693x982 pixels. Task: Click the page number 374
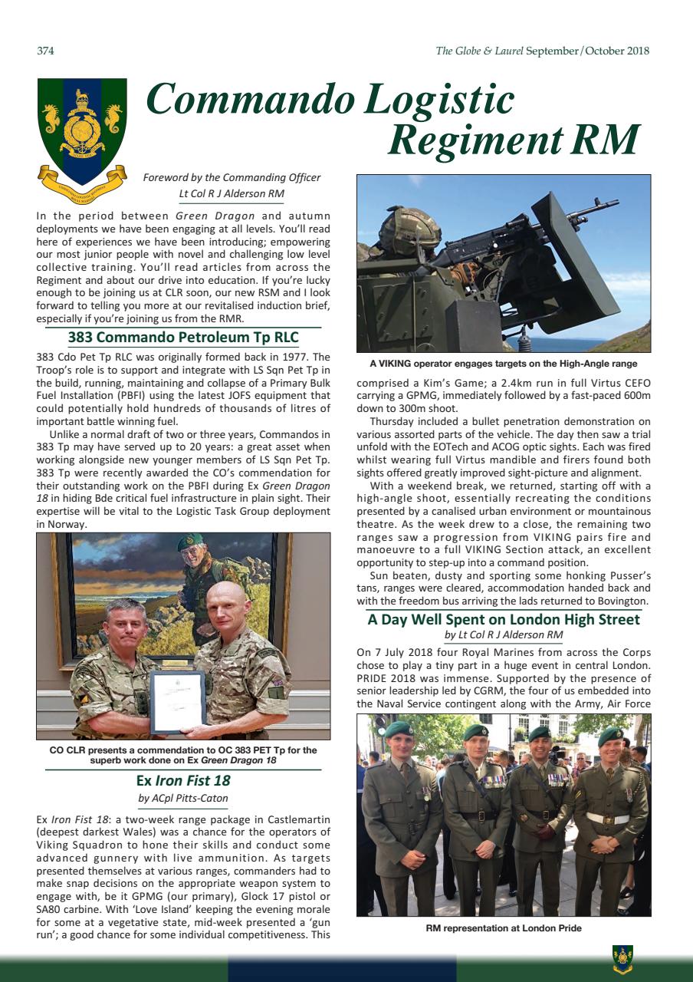pos(45,51)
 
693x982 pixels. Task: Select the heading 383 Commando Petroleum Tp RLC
pos(182,338)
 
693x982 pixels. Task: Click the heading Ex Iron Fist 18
pos(182,781)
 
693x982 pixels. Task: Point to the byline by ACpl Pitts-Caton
pos(182,799)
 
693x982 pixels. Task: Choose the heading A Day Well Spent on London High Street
pos(504,619)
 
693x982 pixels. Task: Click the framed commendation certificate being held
pos(177,700)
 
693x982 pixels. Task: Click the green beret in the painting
pos(189,542)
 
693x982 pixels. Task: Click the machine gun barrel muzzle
pos(606,203)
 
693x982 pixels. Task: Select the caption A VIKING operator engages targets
pos(504,364)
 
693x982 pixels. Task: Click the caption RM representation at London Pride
pos(504,928)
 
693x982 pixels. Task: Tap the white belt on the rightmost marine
pos(608,819)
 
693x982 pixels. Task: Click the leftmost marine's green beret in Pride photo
pos(398,728)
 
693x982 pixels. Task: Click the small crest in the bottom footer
pos(622,959)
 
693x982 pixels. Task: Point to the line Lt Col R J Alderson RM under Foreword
pos(231,193)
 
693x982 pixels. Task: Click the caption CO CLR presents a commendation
pos(182,755)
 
